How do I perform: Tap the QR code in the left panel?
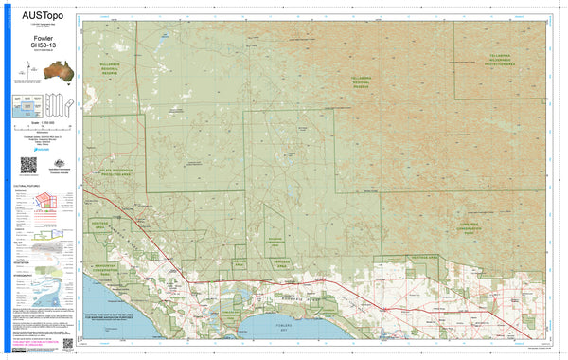28,163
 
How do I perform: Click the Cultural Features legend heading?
26,187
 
